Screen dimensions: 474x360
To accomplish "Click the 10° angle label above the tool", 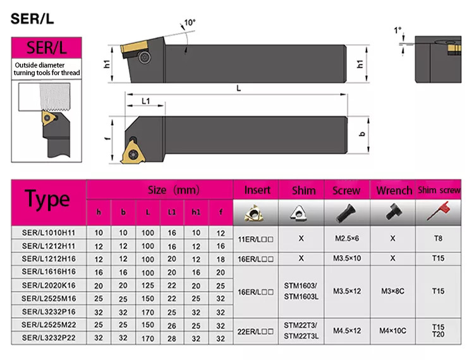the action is tap(190, 23).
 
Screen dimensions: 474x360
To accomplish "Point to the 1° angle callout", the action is tap(398, 30).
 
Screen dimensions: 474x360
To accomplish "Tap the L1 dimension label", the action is tap(146, 101).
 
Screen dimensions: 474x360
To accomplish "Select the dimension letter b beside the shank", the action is tap(362, 134).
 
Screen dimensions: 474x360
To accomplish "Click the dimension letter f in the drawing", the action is tap(107, 138).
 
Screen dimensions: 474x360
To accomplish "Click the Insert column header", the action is tap(257, 190).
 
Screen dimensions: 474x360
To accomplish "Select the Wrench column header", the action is tap(394, 190).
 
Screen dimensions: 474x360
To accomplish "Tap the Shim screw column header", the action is tap(439, 190).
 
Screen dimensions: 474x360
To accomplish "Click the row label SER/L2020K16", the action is tap(49, 285).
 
